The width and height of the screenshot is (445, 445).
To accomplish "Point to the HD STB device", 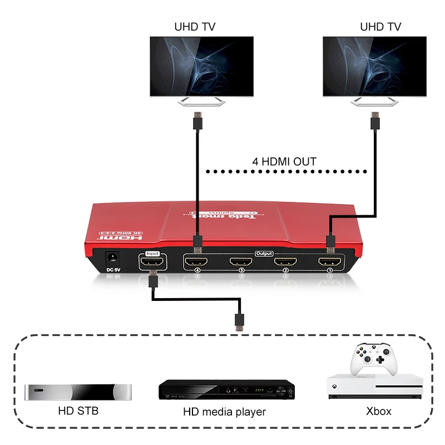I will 79,392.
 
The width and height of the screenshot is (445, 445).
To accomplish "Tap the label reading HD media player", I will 224,412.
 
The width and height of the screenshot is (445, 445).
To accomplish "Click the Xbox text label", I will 379,412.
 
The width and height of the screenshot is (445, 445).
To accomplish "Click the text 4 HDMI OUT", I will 284,162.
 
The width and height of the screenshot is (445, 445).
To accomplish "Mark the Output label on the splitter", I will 264,253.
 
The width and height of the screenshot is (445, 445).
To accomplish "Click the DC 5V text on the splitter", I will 113,271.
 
